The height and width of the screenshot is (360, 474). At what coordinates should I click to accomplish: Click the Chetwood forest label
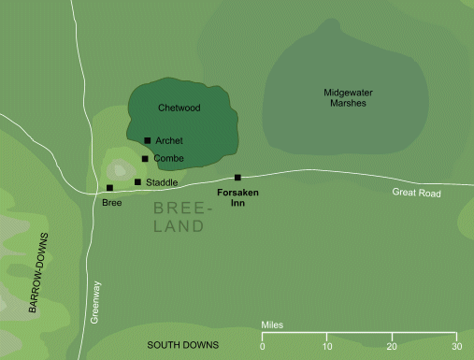pos(180,108)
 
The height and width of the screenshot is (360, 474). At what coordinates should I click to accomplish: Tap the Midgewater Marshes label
pos(344,97)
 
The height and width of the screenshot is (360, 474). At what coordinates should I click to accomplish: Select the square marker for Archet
pos(148,141)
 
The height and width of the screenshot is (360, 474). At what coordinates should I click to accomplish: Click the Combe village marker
pos(145,159)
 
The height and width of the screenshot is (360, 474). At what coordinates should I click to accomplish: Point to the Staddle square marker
pos(137,182)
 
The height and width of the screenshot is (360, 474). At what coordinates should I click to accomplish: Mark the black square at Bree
pos(110,188)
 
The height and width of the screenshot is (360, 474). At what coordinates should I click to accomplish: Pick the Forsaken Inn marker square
pos(237,178)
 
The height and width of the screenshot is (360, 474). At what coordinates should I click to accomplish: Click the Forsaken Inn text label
pos(237,197)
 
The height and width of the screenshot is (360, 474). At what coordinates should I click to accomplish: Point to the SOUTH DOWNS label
pos(182,346)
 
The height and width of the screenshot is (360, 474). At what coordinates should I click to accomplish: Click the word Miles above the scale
pos(272,325)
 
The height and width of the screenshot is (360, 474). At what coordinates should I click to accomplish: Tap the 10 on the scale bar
pos(327,347)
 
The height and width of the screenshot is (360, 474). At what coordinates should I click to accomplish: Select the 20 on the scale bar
pos(392,347)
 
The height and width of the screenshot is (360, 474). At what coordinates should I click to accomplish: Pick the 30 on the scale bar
pos(456,347)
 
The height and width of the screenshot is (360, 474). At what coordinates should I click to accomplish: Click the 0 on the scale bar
pos(262,347)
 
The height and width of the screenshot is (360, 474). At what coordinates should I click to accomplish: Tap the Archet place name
pos(168,141)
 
